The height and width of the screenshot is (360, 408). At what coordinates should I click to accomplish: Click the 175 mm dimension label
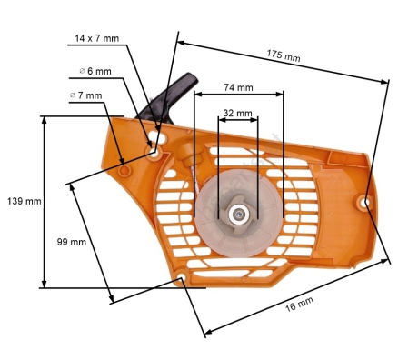pos(284,55)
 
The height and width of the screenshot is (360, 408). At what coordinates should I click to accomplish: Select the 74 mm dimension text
pos(238,88)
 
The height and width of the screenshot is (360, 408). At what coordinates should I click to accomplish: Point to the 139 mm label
pos(23,200)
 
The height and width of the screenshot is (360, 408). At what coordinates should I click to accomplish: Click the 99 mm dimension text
pos(71,242)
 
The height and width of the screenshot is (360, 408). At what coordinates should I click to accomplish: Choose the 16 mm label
pos(299,305)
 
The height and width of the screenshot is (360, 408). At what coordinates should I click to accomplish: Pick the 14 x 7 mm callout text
pos(96,38)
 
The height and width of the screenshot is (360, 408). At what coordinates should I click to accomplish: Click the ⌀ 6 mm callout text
pos(95,70)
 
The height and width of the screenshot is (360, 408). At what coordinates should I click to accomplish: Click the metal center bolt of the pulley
pos(237,215)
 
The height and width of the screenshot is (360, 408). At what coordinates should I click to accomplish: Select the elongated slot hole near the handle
pos(155,139)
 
